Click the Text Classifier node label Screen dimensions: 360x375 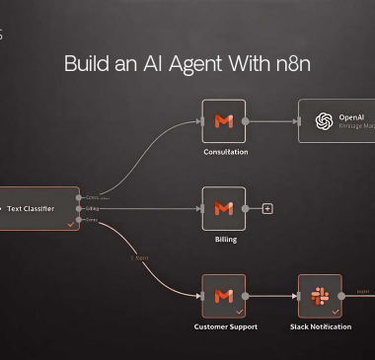click(x=31, y=209)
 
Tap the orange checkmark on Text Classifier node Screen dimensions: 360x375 click(x=69, y=225)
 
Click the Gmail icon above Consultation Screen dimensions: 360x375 click(x=223, y=120)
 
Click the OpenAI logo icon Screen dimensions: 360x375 click(x=323, y=120)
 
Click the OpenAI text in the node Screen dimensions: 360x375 click(x=352, y=116)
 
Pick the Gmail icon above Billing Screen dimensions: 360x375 click(x=223, y=208)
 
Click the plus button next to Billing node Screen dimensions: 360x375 click(x=266, y=208)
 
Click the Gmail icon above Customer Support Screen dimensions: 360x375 click(x=223, y=295)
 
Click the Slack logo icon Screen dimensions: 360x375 click(x=320, y=295)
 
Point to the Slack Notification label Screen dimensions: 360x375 click(x=320, y=326)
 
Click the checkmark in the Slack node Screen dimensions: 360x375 click(x=335, y=311)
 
